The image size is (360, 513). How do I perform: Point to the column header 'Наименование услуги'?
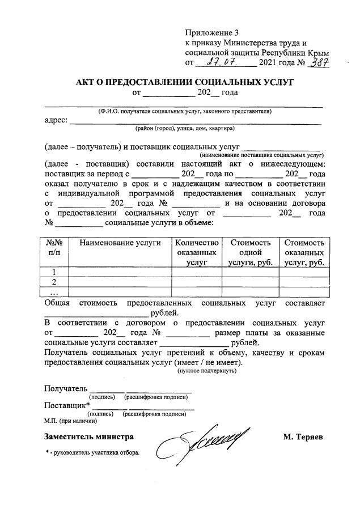click(120, 243)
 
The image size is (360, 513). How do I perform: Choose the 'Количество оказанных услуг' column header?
click(196, 252)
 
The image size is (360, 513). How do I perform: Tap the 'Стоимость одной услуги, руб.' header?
click(250, 252)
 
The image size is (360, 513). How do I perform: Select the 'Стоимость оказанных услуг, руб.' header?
click(304, 252)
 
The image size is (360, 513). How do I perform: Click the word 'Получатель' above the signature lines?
click(66, 389)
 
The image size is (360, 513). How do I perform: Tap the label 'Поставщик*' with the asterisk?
click(67, 406)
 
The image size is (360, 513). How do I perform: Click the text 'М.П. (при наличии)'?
click(70, 421)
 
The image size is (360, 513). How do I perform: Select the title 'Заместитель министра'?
click(89, 437)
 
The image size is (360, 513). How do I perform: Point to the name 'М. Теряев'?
click(303, 437)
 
